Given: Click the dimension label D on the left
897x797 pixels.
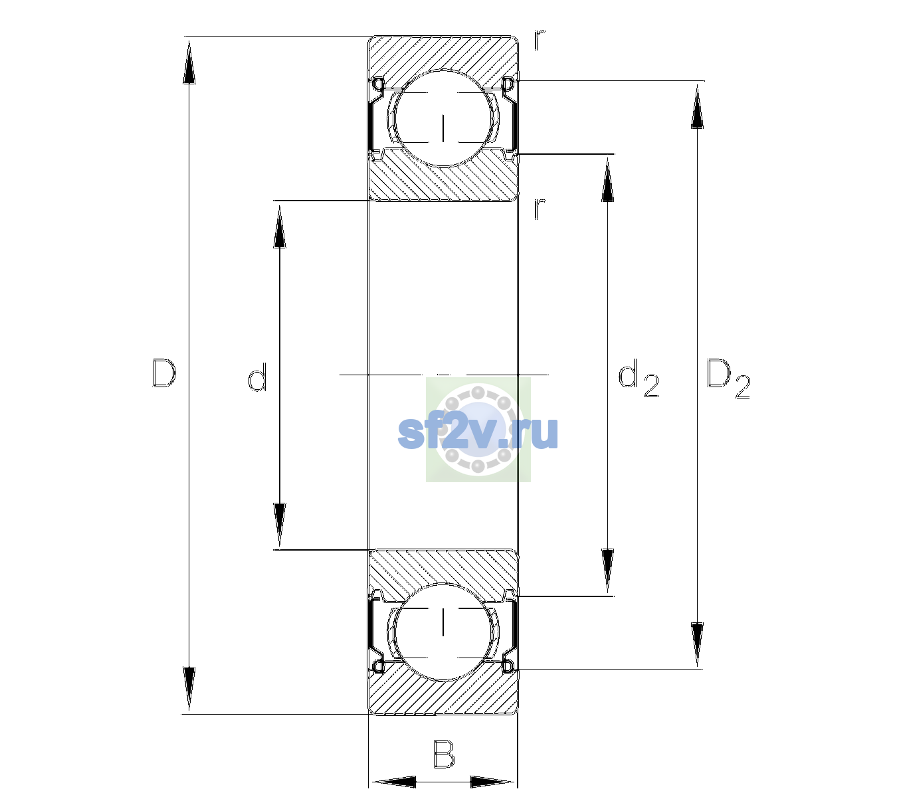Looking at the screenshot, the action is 164,373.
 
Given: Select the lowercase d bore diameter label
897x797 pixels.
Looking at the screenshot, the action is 257,377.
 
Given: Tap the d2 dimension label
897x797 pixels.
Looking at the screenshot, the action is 638,378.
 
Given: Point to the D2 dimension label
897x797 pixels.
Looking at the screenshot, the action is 728,379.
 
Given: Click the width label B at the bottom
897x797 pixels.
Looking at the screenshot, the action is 444,754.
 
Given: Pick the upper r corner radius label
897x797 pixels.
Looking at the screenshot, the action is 540,40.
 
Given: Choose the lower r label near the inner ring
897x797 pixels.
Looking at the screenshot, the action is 540,209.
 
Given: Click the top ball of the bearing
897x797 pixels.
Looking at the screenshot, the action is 443,118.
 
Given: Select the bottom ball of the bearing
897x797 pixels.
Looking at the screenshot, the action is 443,631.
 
